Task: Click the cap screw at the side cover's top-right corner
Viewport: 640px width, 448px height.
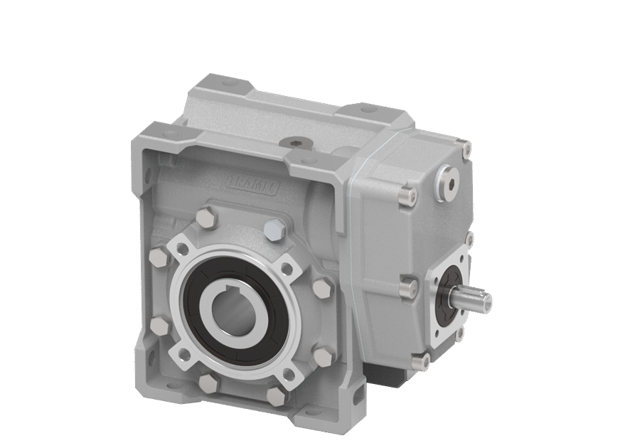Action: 466,150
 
